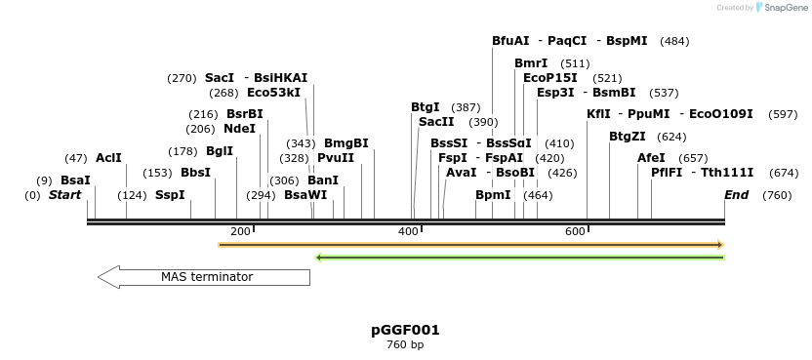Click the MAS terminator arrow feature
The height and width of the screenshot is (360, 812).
pos(205,277)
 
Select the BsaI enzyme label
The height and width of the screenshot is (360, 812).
pos(75,180)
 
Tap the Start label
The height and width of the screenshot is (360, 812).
pos(64,195)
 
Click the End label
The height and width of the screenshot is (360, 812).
pos(736,195)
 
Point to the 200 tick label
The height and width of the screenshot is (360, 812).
pos(240,231)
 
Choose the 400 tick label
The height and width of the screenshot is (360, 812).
pos(408,231)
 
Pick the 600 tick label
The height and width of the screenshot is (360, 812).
pos(575,231)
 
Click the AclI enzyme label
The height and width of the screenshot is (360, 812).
pos(108,158)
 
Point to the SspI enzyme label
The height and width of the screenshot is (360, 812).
pos(170,195)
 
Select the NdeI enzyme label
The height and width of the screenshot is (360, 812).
pos(239,128)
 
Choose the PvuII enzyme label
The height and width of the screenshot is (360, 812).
pos(336,158)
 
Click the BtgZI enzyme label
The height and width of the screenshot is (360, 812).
pos(628,137)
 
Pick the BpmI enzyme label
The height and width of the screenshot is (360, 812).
pos(493,195)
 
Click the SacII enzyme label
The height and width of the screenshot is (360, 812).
pos(436,122)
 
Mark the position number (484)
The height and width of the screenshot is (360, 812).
pos(674,41)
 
